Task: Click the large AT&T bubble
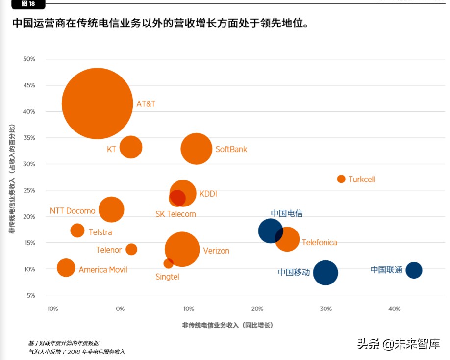tap(97, 103)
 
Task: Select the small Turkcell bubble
tap(341, 179)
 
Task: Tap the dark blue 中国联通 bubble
tap(414, 270)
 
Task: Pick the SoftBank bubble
tap(196, 149)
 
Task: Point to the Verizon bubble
tap(182, 250)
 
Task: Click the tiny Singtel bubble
tap(168, 263)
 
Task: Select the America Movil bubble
tap(66, 268)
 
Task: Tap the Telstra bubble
tap(77, 231)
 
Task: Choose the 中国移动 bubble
tap(325, 273)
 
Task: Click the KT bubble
tap(131, 147)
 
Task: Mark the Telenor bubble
tap(131, 249)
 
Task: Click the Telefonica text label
tap(319, 242)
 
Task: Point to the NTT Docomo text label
tap(73, 211)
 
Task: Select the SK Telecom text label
tap(175, 214)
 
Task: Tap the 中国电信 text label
tap(287, 213)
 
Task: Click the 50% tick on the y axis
tap(29, 59)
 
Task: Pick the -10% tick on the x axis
tap(51, 309)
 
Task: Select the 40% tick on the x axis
tap(394, 309)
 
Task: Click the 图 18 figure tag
tap(28, 4)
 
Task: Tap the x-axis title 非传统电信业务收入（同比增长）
tap(227, 325)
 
